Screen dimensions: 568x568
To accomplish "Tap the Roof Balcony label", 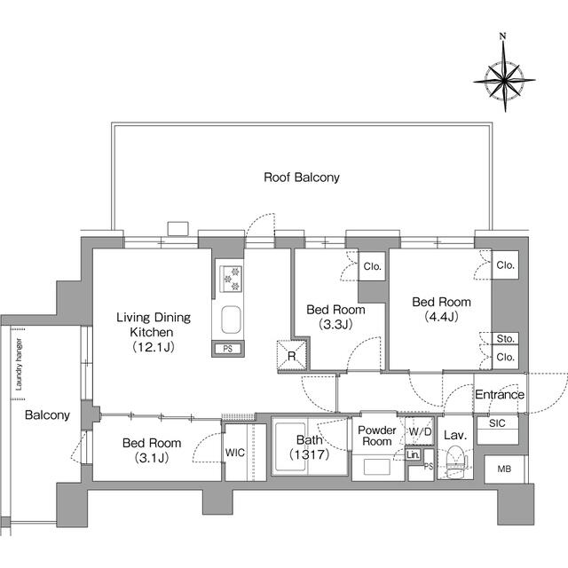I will pos(302,177).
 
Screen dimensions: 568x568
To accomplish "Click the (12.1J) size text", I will pos(152,346).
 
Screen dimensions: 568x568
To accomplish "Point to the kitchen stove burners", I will pos(231,280).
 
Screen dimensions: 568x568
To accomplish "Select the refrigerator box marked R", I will pos(290,357).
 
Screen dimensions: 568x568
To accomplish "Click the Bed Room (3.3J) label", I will pos(335,317).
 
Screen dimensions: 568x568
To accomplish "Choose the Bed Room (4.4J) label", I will pos(441,310).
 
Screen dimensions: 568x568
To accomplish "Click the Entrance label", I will pos(500,395).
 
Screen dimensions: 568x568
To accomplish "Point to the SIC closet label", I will pos(497,423).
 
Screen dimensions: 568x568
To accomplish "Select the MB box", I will pos(503,469).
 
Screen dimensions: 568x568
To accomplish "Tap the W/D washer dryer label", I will pos(419,431).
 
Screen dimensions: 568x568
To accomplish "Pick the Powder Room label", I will pos(375,435).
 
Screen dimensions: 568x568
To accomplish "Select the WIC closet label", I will pos(235,453).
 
